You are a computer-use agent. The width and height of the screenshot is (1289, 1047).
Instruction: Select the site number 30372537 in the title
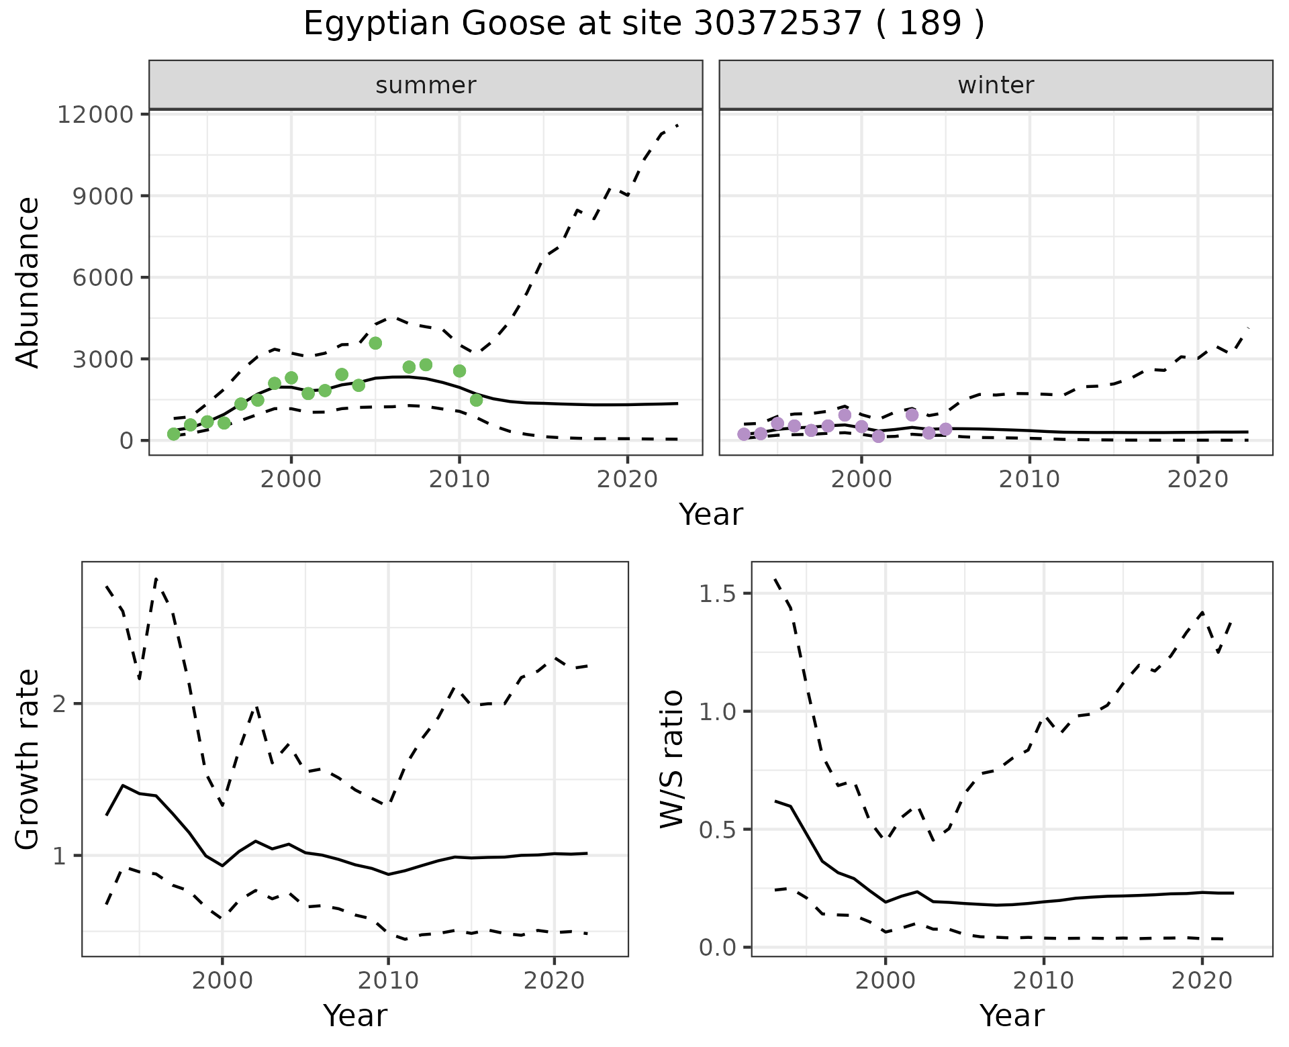pos(777,24)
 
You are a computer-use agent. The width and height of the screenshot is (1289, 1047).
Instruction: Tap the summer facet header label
pos(426,85)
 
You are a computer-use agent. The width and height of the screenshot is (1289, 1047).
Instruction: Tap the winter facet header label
pos(996,85)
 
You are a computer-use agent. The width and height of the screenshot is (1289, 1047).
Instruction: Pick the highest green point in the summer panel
pos(375,343)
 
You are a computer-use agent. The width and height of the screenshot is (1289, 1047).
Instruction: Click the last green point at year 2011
pos(476,400)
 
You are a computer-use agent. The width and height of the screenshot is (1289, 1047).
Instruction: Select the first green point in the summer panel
pos(173,434)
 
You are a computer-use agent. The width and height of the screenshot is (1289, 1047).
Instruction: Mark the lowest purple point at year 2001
pos(878,436)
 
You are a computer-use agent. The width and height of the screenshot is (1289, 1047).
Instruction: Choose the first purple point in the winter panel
pos(744,434)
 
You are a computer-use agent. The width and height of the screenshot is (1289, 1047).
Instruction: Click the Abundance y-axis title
pos(28,282)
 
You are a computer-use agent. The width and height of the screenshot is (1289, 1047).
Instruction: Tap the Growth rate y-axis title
pos(28,760)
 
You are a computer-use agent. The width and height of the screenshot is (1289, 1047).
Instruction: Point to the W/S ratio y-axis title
pos(671,760)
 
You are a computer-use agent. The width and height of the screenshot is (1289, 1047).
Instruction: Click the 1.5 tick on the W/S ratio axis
pos(717,595)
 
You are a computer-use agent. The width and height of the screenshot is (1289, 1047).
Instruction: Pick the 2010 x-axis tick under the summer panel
pos(459,479)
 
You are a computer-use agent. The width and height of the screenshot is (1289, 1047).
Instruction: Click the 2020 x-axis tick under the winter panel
pos(1198,479)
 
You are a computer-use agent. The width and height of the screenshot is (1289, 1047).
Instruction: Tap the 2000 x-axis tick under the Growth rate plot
pos(222,981)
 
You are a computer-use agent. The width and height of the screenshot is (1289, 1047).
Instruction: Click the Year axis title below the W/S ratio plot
pos(1012,1016)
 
